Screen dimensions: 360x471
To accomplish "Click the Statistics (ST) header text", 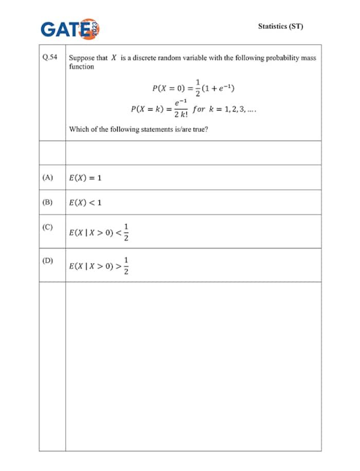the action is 281,26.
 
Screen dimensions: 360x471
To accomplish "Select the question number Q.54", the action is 50,58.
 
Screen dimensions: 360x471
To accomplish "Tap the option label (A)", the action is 48,177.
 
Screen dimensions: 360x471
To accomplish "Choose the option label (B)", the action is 48,202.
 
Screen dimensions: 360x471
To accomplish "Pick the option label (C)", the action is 48,226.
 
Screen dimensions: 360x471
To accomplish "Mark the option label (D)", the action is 48,260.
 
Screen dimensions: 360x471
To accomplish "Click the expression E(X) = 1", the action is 85,178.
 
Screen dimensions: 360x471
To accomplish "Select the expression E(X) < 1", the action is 85,203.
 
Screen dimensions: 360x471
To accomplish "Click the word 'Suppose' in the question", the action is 81,58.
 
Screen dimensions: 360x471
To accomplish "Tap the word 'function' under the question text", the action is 81,67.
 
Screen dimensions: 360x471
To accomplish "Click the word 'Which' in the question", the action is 79,129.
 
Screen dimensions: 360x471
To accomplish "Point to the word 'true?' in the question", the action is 200,129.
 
